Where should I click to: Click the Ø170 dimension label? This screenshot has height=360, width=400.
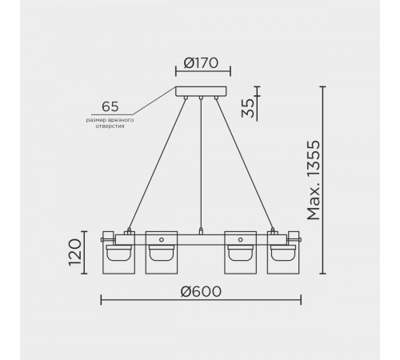point(201,63)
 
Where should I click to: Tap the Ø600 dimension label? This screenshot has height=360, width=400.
point(201,291)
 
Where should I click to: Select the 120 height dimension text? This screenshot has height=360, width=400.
point(75,252)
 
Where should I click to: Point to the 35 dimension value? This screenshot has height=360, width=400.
point(248,108)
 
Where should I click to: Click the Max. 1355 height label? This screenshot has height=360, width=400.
point(314,180)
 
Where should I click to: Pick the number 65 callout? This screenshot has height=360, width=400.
point(110,106)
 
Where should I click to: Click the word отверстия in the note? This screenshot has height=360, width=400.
point(110,126)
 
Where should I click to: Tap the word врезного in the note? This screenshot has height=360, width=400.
point(122,120)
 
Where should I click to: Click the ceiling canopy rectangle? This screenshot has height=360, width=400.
point(201,91)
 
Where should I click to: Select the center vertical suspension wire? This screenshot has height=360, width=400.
point(201,164)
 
